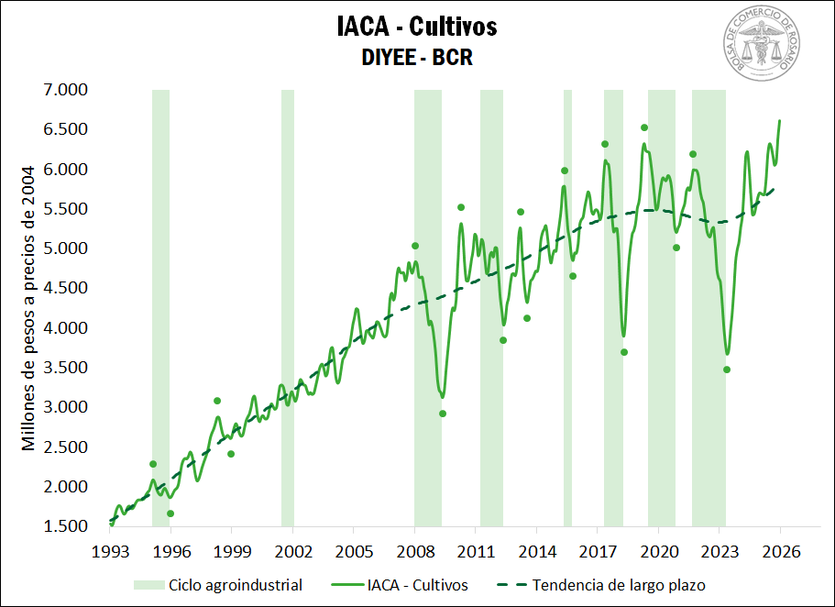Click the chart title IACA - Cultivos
tap(417, 27)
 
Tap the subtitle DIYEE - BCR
tap(417, 58)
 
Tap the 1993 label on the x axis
tap(110, 552)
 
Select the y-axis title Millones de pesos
tap(28, 308)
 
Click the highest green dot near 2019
tap(644, 127)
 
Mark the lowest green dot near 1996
tap(170, 513)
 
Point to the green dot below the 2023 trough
tap(727, 370)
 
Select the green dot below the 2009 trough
tap(443, 414)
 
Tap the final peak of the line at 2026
tap(780, 120)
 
